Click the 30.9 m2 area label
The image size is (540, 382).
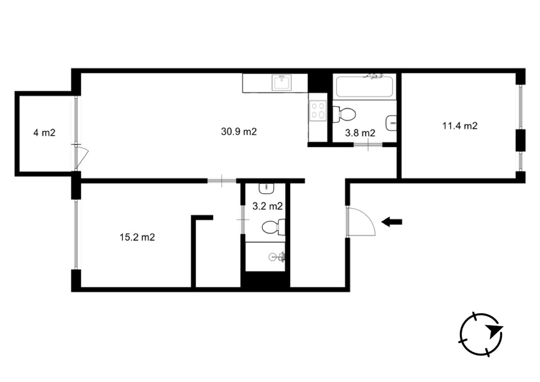[239, 132]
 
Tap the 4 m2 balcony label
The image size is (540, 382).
[44, 132]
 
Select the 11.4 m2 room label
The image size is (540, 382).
[460, 126]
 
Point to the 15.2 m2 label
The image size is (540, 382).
[137, 238]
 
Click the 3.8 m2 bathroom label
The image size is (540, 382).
[360, 133]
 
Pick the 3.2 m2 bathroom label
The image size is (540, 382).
[267, 206]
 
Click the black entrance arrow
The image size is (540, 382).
[391, 222]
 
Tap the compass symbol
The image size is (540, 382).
[481, 334]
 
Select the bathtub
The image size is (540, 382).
[364, 86]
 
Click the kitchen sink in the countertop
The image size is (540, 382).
[282, 83]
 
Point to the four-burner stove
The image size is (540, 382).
[318, 111]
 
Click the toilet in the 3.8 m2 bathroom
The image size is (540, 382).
[344, 114]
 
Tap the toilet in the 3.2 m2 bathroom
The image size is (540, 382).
[273, 227]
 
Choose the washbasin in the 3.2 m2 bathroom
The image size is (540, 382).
[266, 189]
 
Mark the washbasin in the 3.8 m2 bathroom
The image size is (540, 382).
[391, 123]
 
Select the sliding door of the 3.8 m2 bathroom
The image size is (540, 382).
[368, 145]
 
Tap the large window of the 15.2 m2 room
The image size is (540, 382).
[76, 234]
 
